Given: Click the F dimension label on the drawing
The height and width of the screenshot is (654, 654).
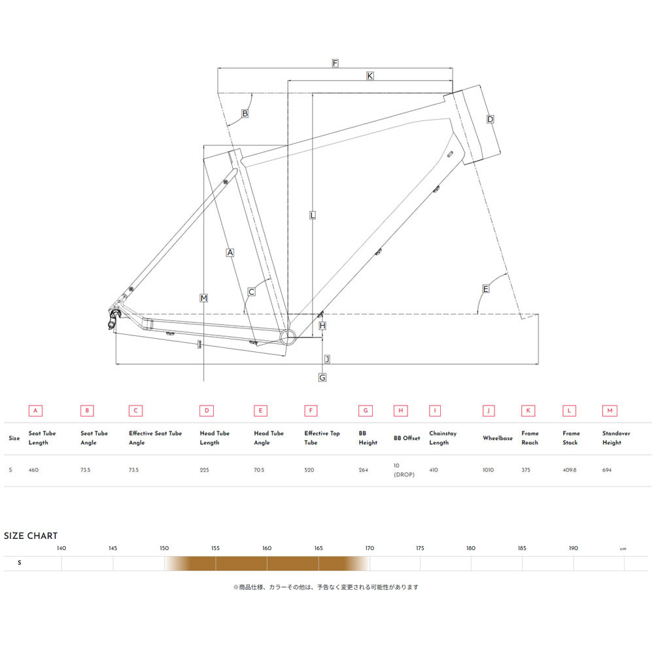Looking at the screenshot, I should [x=335, y=63].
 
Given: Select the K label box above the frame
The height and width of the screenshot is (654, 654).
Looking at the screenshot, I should [x=370, y=76].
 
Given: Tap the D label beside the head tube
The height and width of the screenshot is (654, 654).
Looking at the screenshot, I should [x=490, y=119].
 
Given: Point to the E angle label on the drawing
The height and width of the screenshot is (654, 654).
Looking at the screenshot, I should [x=485, y=289].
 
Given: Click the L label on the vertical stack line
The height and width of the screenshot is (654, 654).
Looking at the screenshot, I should [x=313, y=215].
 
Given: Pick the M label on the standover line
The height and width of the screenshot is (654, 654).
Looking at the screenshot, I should [x=204, y=298].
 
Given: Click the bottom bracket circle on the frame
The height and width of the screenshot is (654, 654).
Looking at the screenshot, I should [x=288, y=337].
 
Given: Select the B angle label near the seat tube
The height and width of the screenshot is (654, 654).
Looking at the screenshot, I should [x=245, y=113].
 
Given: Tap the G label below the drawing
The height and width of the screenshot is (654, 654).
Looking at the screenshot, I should [x=322, y=377].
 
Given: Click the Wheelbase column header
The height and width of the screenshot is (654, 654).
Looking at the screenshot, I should [x=497, y=438].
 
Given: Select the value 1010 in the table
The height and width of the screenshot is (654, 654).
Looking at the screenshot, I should [x=489, y=470].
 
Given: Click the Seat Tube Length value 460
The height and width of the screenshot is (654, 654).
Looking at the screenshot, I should [x=35, y=470].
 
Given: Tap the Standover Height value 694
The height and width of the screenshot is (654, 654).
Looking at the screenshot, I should [x=608, y=470].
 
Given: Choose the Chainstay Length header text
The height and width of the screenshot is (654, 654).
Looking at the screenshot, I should [x=443, y=438].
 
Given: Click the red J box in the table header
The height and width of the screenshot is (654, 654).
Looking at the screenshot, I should [x=489, y=411].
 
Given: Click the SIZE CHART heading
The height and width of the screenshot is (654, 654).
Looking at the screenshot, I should [x=31, y=536].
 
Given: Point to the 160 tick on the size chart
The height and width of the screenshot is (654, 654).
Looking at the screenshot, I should [x=267, y=548].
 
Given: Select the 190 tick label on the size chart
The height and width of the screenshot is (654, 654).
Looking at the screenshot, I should [x=574, y=548].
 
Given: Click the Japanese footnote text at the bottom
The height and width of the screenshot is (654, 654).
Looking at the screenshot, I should [x=326, y=587].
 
